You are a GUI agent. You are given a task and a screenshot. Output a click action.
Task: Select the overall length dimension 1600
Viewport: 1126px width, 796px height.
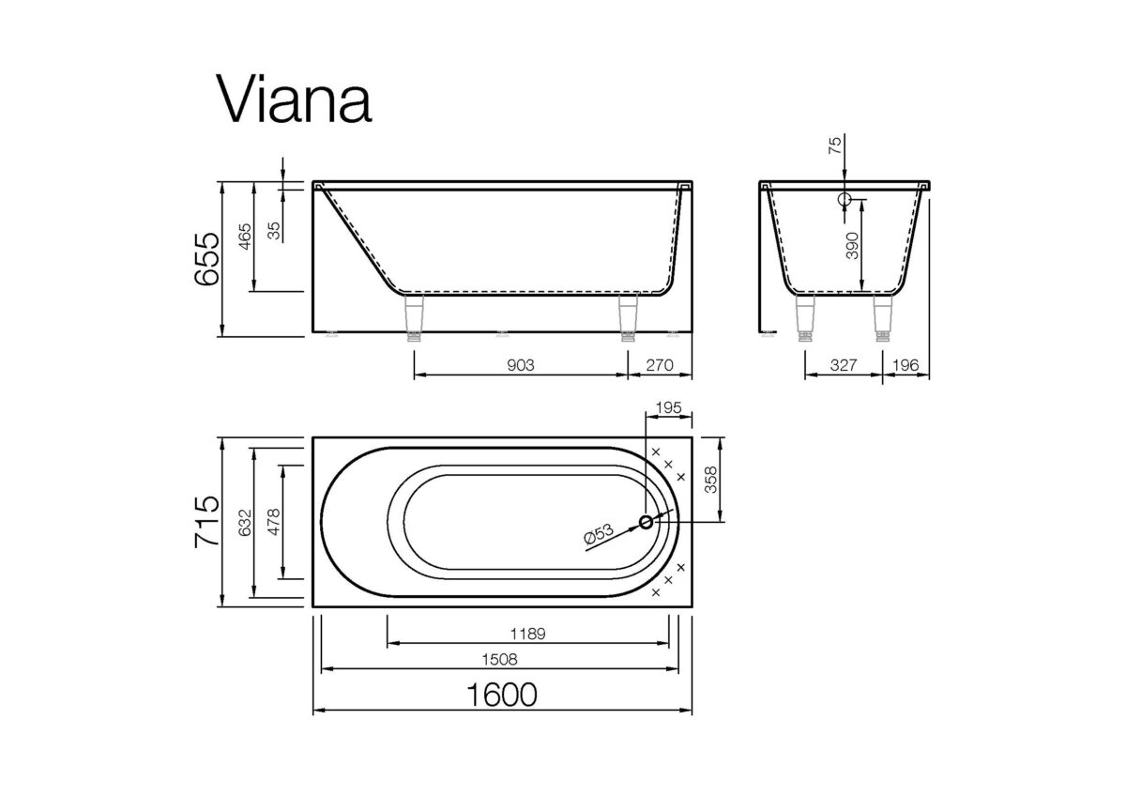coord(502,696)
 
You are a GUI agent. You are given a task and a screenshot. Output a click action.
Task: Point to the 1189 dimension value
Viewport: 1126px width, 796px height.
coord(528,632)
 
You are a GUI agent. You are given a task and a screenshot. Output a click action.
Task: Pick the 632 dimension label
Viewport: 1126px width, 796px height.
coord(244,523)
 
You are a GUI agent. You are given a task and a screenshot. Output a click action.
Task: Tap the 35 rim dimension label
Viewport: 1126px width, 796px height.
coord(274,230)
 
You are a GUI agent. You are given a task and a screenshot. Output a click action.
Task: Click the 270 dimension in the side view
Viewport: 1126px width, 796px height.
coord(659,364)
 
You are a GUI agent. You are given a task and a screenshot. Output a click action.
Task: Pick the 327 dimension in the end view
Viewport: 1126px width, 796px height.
coord(842,364)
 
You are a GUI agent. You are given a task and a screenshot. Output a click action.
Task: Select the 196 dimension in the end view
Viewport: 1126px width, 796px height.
coord(905,364)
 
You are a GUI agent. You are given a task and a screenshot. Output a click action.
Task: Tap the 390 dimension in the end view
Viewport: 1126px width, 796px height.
coord(852,244)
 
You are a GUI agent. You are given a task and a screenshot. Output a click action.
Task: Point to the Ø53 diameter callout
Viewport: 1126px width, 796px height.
coord(599,535)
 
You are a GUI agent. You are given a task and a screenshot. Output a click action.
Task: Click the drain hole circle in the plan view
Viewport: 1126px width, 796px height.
coord(647,522)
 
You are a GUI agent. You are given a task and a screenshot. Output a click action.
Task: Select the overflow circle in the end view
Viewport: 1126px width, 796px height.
coord(844,200)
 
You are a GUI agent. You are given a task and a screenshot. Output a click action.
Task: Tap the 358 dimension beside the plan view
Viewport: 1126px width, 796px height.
coord(709,479)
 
